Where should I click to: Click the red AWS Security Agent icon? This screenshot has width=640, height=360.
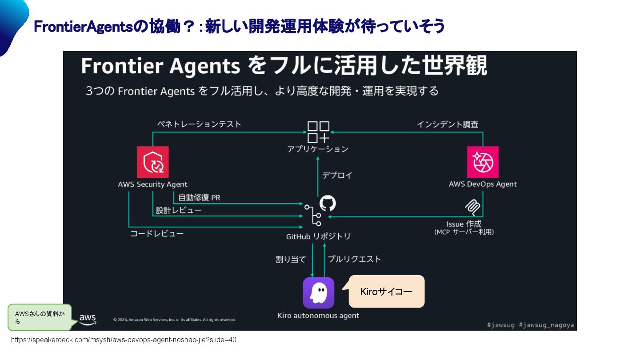coord(153,162)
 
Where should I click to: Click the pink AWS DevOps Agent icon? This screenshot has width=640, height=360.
coord(483,162)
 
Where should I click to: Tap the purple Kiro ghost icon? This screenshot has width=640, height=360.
coord(318,293)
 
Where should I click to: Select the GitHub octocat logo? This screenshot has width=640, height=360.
coord(328,203)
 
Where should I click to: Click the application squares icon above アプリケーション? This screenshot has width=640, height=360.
coord(318,132)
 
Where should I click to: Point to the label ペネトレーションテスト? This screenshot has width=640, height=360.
coord(199,124)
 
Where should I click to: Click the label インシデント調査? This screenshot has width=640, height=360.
coord(448,124)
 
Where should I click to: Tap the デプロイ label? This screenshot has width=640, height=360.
coord(337,175)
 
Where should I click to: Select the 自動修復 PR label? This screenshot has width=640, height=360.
coord(199,198)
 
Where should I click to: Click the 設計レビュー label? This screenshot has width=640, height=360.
coord(179,210)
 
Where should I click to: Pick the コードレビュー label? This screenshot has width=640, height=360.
coord(156,233)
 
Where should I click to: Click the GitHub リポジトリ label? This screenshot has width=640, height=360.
coord(318,236)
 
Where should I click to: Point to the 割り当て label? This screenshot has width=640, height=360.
coord(291,259)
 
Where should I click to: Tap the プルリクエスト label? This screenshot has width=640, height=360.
coord(354,259)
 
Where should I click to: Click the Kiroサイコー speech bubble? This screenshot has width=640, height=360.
coord(386,292)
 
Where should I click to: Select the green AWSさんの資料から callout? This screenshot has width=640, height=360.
coord(40,317)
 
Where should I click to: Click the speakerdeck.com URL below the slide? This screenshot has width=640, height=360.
coord(124,340)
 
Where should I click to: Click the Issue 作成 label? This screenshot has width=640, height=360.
coord(464,224)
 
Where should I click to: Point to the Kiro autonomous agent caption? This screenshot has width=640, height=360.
coord(318,316)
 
